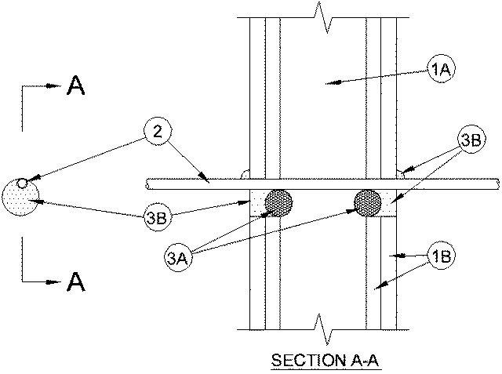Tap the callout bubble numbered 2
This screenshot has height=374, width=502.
pyautogui.click(x=157, y=133)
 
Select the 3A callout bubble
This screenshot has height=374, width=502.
pyautogui.click(x=179, y=255)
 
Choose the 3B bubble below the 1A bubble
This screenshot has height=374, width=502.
pyautogui.click(x=470, y=141)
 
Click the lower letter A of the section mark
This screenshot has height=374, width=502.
pyautogui.click(x=76, y=281)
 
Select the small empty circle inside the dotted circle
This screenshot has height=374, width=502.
pyautogui.click(x=23, y=184)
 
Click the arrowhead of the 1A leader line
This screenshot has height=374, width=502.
pyautogui.click(x=330, y=80)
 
